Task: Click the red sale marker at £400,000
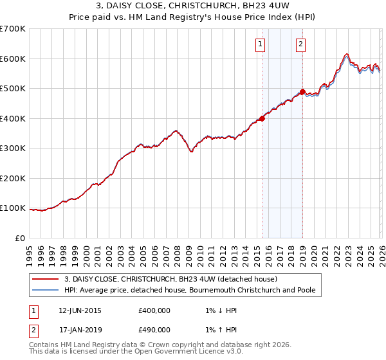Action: pyautogui.click(x=262, y=118)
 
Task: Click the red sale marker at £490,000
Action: pyautogui.click(x=303, y=91)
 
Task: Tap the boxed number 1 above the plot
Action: pyautogui.click(x=260, y=44)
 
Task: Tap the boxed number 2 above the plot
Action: pyautogui.click(x=301, y=44)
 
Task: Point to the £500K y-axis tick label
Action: pyautogui.click(x=13, y=89)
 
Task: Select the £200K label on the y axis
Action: pyautogui.click(x=13, y=178)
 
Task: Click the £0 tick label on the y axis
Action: pyautogui.click(x=20, y=238)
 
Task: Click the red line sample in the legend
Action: pyautogui.click(x=45, y=280)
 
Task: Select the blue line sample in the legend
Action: pyautogui.click(x=45, y=291)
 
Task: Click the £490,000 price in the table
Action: pyautogui.click(x=154, y=330)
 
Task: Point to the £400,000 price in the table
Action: pyautogui.click(x=154, y=310)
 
